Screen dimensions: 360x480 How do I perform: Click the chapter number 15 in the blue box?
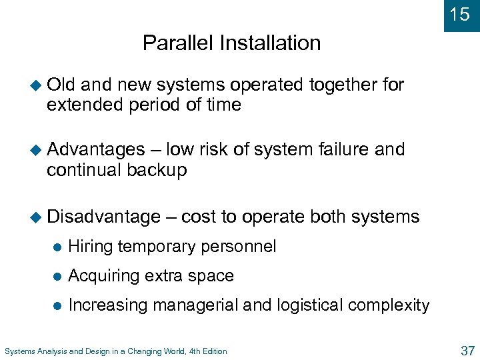point(460,15)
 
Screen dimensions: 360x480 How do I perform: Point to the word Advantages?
point(96,150)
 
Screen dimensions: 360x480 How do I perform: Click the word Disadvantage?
point(103,217)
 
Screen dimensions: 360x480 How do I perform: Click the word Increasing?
point(108,305)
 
